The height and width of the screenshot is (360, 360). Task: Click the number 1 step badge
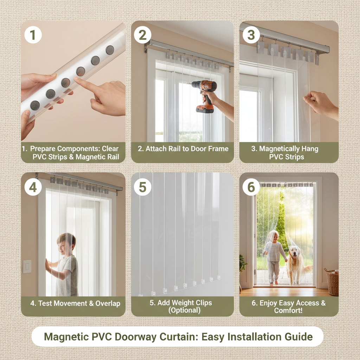point(33,36)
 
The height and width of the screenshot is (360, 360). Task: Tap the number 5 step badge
point(142,187)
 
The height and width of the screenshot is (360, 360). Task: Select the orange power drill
point(205,95)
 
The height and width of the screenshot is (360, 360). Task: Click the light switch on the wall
point(27,266)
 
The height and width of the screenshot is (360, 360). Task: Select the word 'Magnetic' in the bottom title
point(66,336)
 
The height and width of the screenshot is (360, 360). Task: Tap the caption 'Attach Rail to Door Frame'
point(183,149)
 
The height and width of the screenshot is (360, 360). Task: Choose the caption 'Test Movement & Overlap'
point(75,303)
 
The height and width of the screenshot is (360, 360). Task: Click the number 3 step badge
point(251,36)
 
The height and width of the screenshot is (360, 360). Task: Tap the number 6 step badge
point(251,187)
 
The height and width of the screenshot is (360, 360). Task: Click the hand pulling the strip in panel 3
point(318,103)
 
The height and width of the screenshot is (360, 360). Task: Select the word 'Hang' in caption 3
point(309,149)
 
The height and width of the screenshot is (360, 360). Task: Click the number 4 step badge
point(33,187)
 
